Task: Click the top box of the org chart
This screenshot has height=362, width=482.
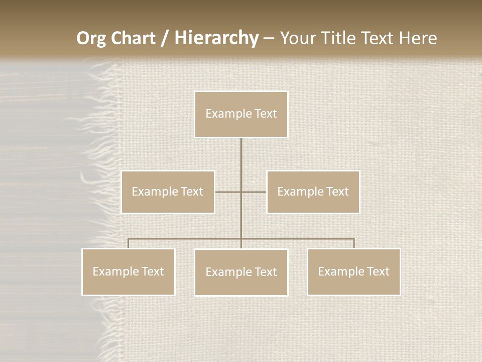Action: pos(241,114)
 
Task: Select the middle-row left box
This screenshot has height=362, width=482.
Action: pos(168,192)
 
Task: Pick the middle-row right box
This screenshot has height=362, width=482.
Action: pos(313,192)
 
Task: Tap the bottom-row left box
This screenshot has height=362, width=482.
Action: pos(129,271)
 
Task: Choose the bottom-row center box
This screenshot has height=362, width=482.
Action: pos(241,272)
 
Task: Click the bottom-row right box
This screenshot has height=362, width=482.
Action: pos(353,271)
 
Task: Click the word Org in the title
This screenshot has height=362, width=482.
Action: pos(90,38)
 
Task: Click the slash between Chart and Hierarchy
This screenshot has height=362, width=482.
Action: pos(165,38)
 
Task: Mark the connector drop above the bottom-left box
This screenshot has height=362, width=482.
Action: pos(129,243)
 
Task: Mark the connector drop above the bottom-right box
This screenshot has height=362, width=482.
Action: pos(353,243)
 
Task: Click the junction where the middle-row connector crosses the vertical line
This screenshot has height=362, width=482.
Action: pos(241,192)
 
